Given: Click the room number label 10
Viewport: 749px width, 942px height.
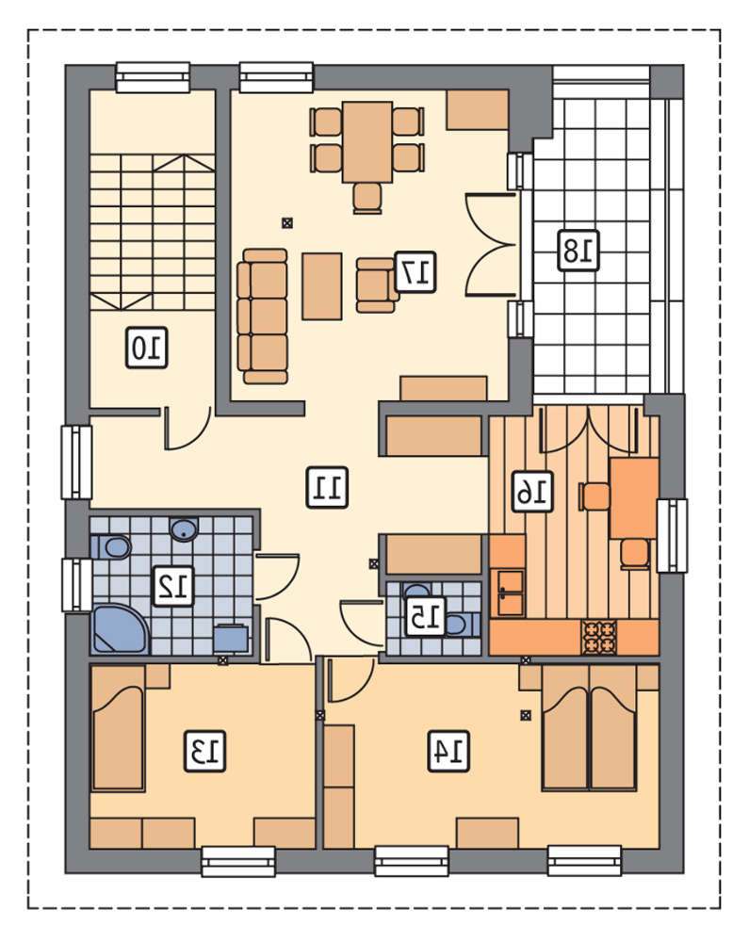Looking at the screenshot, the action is point(147,348).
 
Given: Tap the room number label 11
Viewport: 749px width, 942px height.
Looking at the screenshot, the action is point(327,487).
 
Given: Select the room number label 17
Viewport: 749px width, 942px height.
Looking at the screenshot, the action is point(415,272).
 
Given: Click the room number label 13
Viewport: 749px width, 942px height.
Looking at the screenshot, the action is point(204,751).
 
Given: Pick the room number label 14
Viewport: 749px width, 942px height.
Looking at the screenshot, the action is point(448,751).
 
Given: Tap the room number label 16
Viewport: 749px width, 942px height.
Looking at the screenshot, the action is point(532,492).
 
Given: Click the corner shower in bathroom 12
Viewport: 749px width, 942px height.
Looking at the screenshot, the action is point(119,628).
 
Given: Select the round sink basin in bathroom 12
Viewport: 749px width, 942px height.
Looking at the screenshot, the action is point(184,528).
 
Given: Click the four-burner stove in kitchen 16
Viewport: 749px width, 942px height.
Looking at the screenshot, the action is point(599,637).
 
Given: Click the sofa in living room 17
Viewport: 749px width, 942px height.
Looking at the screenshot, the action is point(262,316).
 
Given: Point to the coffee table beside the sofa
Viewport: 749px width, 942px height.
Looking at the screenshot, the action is point(322,286).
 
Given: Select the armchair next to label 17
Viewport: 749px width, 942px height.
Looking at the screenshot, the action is point(377,285).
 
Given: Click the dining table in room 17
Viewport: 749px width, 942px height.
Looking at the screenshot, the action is point(367,142).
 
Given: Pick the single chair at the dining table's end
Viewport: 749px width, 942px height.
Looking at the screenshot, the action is point(367,198).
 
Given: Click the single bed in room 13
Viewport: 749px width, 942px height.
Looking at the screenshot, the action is point(118,727).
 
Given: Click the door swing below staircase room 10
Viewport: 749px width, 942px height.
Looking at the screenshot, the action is point(187,430).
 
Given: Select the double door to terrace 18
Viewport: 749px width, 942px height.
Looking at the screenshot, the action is point(491,245).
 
